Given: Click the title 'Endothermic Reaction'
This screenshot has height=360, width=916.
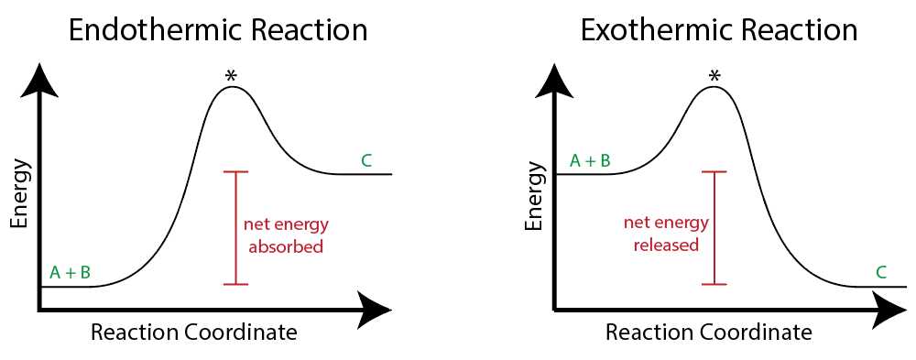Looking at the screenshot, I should (x=219, y=30).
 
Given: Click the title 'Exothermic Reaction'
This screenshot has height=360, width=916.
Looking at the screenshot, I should (x=719, y=30).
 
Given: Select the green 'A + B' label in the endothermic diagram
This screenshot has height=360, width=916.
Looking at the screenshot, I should (x=71, y=272).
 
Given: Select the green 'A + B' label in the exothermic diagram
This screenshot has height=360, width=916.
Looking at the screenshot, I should (x=591, y=160).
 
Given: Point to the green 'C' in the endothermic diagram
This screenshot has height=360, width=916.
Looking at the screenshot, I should (x=366, y=161).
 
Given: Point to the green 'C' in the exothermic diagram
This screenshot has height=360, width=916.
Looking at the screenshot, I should (x=881, y=272).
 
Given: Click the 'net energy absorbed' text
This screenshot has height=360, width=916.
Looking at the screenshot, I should (x=286, y=235).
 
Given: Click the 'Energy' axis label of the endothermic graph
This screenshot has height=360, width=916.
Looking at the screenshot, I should (x=19, y=193).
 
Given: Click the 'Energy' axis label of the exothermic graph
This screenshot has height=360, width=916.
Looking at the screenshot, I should (x=533, y=193).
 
